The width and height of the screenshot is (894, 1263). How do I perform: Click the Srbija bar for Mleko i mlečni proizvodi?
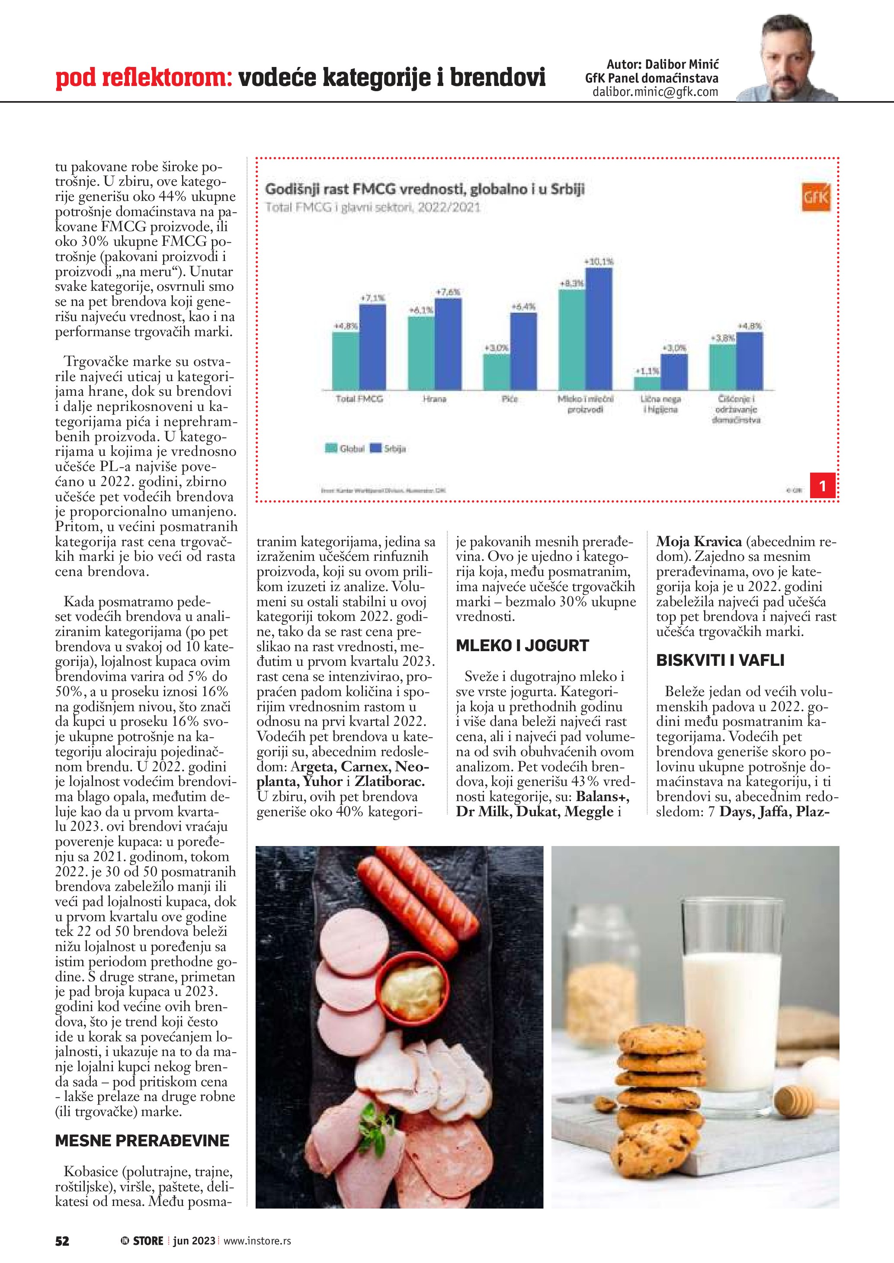(599, 329)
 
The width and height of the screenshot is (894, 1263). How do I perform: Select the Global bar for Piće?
(497, 372)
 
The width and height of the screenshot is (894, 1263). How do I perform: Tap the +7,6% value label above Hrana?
(448, 292)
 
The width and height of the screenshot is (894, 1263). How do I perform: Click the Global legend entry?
(345, 449)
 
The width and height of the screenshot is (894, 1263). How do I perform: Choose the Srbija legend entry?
(389, 449)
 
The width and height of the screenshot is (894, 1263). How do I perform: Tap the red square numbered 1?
(823, 485)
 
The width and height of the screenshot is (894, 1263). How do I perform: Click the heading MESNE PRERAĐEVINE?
(142, 1140)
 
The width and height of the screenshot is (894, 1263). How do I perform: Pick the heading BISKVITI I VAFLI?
(720, 660)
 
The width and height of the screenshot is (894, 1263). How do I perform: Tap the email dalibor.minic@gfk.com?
(655, 92)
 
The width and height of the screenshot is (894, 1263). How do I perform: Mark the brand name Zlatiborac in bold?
(389, 782)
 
